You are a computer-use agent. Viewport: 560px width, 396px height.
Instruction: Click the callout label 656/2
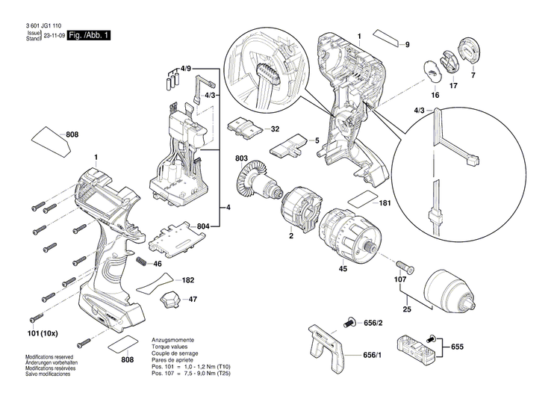(x=373, y=323)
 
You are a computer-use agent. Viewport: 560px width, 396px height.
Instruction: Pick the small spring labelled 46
(x=140, y=264)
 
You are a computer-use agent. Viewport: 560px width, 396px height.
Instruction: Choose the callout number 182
(x=188, y=280)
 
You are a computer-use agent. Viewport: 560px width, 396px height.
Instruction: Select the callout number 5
(x=317, y=140)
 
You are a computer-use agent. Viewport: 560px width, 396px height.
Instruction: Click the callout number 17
(x=453, y=86)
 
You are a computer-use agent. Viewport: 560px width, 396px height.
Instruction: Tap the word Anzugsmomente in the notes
(x=175, y=340)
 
